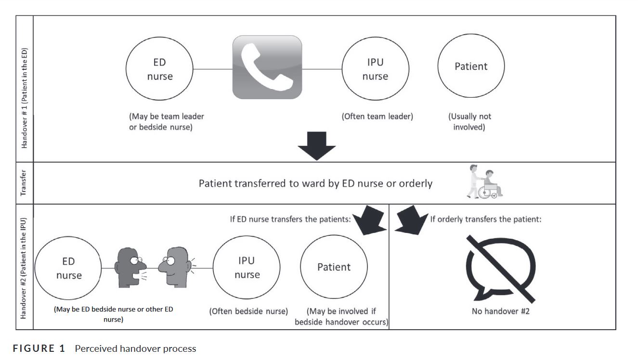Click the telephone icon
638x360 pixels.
click(x=267, y=67)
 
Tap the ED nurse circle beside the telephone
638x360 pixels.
click(x=159, y=69)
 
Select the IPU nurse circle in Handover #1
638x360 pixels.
click(x=376, y=69)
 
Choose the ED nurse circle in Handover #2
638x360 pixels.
click(x=69, y=268)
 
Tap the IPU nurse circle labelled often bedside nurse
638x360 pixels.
click(x=247, y=267)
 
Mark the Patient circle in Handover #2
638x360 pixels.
click(x=334, y=267)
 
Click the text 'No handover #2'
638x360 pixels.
click(x=501, y=311)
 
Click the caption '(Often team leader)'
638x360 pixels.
click(x=378, y=116)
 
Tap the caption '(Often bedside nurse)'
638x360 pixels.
click(x=248, y=311)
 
